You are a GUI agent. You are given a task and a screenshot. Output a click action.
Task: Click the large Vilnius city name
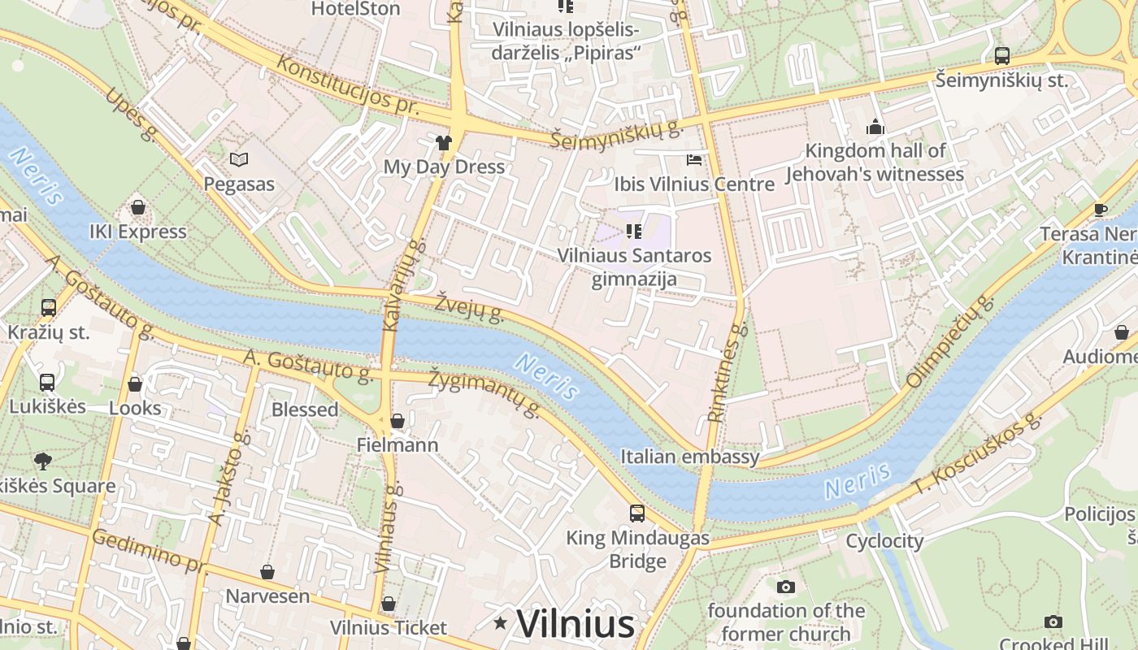coord(575,624)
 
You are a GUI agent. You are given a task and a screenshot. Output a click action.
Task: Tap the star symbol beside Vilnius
coord(500,623)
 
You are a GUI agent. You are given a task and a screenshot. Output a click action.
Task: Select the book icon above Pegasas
coord(238,159)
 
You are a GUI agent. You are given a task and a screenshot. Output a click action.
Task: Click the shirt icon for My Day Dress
coord(443,143)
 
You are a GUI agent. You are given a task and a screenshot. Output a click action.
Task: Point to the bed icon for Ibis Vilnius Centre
coord(693,159)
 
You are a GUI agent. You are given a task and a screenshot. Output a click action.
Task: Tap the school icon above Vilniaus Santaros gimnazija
coord(634,232)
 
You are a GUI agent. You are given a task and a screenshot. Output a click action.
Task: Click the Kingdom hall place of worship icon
coord(875,127)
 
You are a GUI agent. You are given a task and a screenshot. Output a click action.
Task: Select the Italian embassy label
coord(690,457)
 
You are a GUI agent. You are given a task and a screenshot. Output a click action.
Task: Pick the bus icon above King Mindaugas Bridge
coord(637,513)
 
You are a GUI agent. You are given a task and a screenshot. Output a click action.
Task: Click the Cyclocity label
coord(884,541)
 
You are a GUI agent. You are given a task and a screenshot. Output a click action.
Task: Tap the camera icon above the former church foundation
coord(785,587)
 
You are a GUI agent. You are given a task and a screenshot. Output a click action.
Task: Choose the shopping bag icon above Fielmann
coord(397,421)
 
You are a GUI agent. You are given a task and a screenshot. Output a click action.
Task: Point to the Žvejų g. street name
coord(469,306)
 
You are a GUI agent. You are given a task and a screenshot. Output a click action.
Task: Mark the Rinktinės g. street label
coord(727,373)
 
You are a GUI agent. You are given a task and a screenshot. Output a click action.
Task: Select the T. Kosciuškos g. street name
coord(975,455)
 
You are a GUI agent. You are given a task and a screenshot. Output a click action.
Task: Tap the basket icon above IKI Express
coord(138,207)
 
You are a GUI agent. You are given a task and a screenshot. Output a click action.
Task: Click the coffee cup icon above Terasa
coord(1101,210)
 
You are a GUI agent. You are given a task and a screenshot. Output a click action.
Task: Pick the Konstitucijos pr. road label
coord(347,84)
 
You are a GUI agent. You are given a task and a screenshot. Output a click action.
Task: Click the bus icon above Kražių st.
coord(49,308)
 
